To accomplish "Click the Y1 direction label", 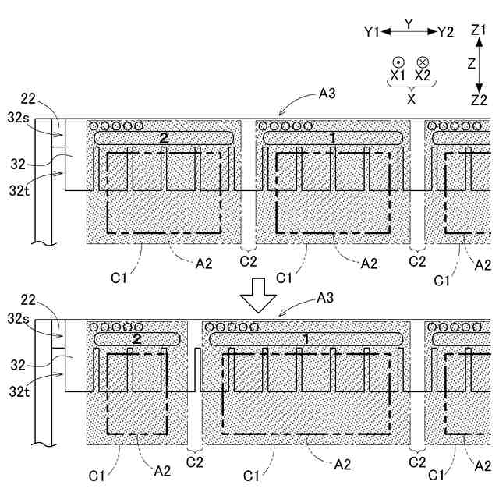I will point(371,32).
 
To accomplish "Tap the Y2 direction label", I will point(445,32).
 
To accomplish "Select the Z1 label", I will point(479,30).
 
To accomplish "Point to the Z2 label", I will point(479,99).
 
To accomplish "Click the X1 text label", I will point(398,76).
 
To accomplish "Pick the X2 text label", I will point(423,76).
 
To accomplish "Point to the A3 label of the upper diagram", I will point(327,94).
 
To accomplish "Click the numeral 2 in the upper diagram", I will point(164,137).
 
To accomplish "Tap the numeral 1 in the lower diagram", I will point(306,338).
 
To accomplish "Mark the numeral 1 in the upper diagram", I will point(333,137).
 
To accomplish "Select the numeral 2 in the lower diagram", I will point(137,338).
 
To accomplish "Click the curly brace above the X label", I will point(410,88).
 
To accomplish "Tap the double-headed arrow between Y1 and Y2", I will point(409,31).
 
